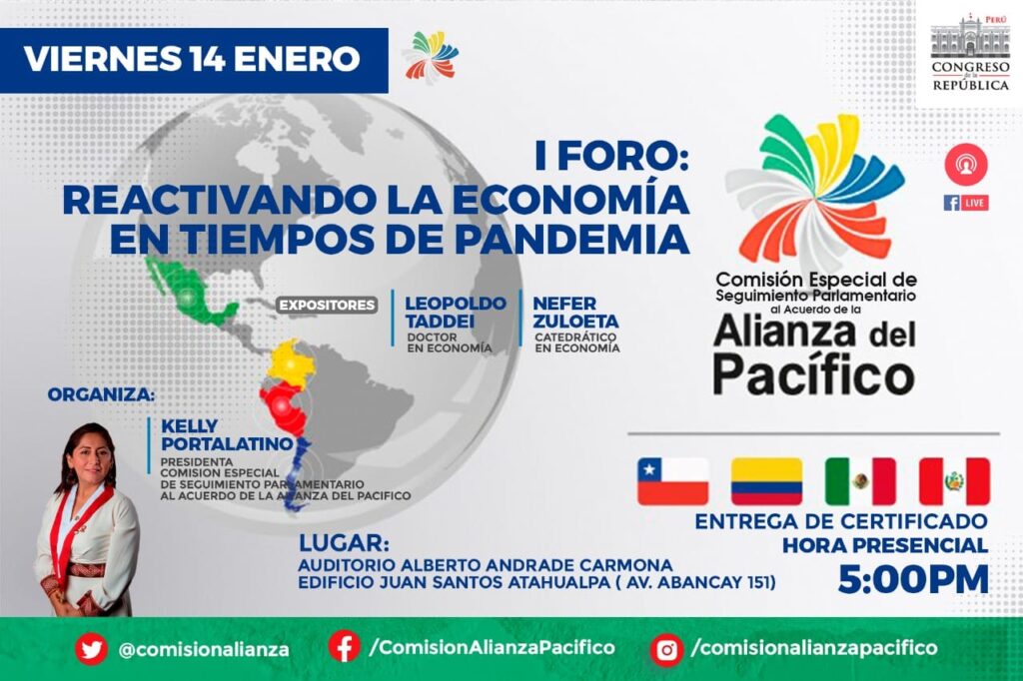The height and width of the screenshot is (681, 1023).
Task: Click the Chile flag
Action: click(x=672, y=481)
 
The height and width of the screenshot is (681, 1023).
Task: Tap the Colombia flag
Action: click(x=766, y=481)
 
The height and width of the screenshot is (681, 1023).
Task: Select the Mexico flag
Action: click(x=860, y=481)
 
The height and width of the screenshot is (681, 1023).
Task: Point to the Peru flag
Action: click(x=954, y=481)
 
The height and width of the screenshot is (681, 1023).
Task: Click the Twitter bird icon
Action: click(x=91, y=649)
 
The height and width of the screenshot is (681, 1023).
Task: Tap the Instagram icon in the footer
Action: click(x=666, y=650)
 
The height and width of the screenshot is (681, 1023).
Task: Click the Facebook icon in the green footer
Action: click(x=344, y=647)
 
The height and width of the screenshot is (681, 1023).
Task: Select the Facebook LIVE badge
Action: click(x=966, y=203)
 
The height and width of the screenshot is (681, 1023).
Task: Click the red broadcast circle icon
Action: click(x=966, y=165)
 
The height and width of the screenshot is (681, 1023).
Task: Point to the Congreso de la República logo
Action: click(x=969, y=51)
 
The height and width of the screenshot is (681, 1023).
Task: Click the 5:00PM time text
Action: click(x=913, y=579)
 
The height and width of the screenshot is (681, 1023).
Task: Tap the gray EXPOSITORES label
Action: click(x=327, y=305)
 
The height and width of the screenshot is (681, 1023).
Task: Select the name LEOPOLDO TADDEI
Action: click(x=456, y=312)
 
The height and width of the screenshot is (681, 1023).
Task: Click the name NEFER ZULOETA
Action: click(x=575, y=312)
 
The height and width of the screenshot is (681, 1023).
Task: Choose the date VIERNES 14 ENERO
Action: click(x=192, y=59)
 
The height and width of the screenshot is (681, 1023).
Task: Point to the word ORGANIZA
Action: click(x=102, y=394)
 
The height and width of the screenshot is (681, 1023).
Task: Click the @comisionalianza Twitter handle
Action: click(x=204, y=649)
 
